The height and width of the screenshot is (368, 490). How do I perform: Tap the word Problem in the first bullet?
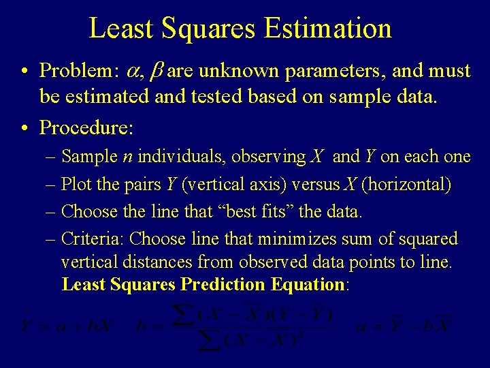tap(73, 70)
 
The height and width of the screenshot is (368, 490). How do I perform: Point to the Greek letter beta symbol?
tap(154, 71)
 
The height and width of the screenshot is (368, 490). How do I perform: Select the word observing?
tap(268, 157)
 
